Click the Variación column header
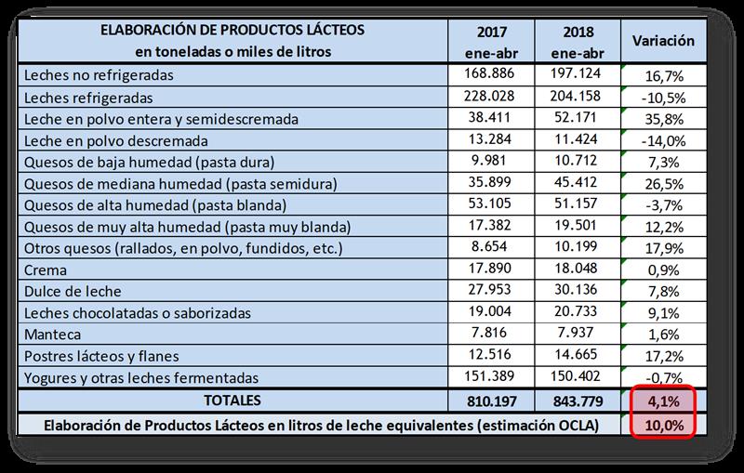[664, 42]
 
